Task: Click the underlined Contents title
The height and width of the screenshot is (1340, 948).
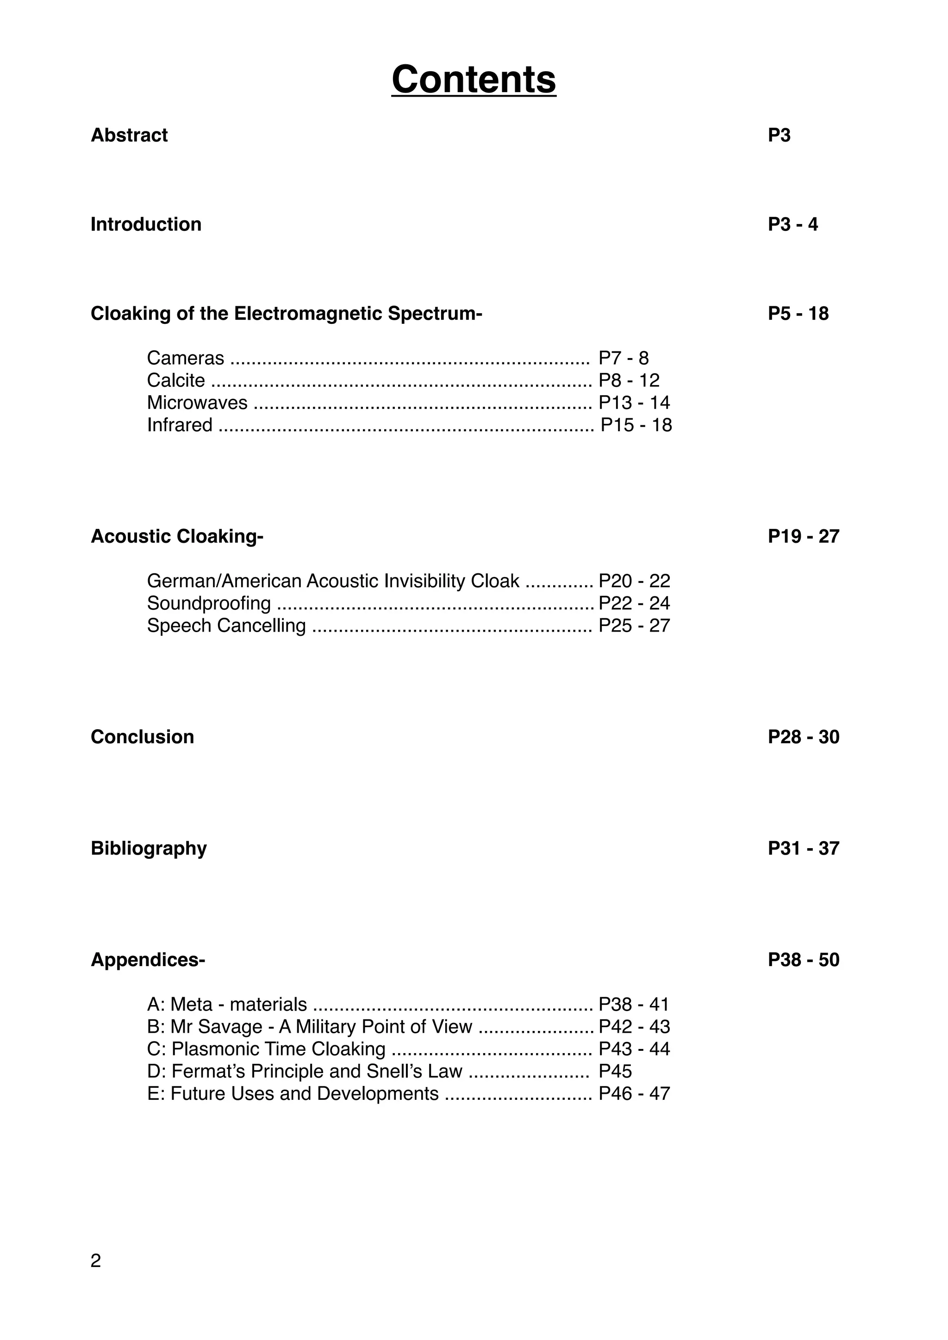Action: (474, 80)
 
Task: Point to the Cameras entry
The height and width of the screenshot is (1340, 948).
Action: (185, 358)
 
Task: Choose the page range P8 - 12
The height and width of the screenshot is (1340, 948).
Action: (629, 380)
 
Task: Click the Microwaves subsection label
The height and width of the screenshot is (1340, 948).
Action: (197, 403)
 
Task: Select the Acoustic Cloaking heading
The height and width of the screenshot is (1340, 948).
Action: (176, 536)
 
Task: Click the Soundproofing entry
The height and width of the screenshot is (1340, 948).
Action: (208, 603)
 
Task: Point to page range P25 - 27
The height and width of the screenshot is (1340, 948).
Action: (634, 626)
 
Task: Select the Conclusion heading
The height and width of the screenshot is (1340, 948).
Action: (142, 737)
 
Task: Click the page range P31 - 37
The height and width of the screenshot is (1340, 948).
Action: (803, 849)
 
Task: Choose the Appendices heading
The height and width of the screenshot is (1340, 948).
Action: (147, 960)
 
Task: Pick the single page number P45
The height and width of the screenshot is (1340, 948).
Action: (615, 1072)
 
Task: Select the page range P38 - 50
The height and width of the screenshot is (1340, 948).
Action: (803, 960)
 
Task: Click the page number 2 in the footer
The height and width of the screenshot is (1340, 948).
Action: (96, 1261)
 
